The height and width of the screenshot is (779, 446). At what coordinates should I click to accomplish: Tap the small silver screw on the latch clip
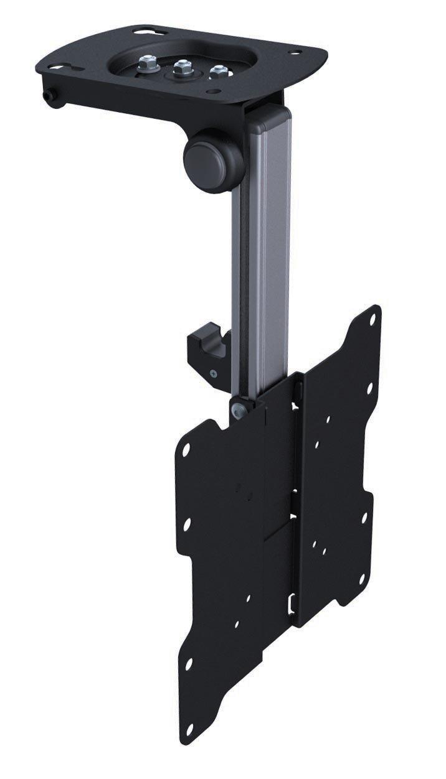tap(214, 374)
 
